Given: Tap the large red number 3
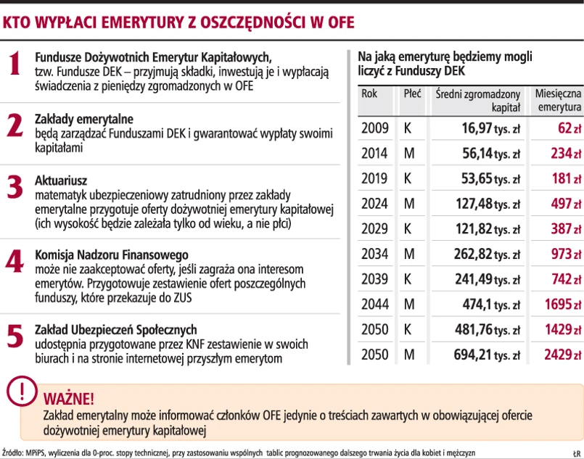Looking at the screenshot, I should click(x=15, y=186).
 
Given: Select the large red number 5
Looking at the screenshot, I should click(x=15, y=335).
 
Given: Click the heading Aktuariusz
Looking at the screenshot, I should click(x=62, y=180).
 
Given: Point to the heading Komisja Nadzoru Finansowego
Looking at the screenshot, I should click(x=112, y=255).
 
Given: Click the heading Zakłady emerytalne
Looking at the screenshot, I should click(x=84, y=118).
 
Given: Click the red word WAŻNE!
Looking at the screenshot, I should click(x=68, y=399).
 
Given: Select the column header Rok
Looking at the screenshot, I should click(x=369, y=94).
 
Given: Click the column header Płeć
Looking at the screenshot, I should click(x=413, y=94).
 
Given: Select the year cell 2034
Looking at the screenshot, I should click(x=374, y=254).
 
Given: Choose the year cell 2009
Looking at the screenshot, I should click(x=374, y=128).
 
